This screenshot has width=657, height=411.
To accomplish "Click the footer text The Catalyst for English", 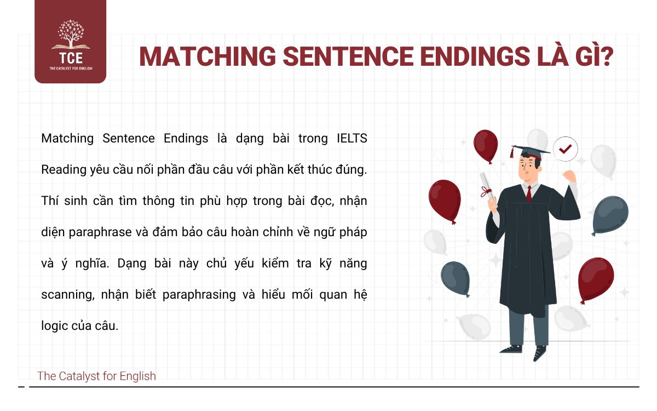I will pyautogui.click(x=96, y=376).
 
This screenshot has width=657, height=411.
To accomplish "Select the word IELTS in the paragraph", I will pyautogui.click(x=350, y=138).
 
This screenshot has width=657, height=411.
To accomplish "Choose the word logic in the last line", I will pyautogui.click(x=55, y=326).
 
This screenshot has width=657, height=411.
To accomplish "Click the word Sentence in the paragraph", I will pyautogui.click(x=128, y=138).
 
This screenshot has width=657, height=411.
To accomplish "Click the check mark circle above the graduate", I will pyautogui.click(x=565, y=149).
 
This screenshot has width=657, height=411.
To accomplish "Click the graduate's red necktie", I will pyautogui.click(x=528, y=193).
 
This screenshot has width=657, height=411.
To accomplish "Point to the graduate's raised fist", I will pyautogui.click(x=570, y=176).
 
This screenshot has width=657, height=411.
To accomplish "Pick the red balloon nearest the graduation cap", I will pyautogui.click(x=486, y=145).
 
